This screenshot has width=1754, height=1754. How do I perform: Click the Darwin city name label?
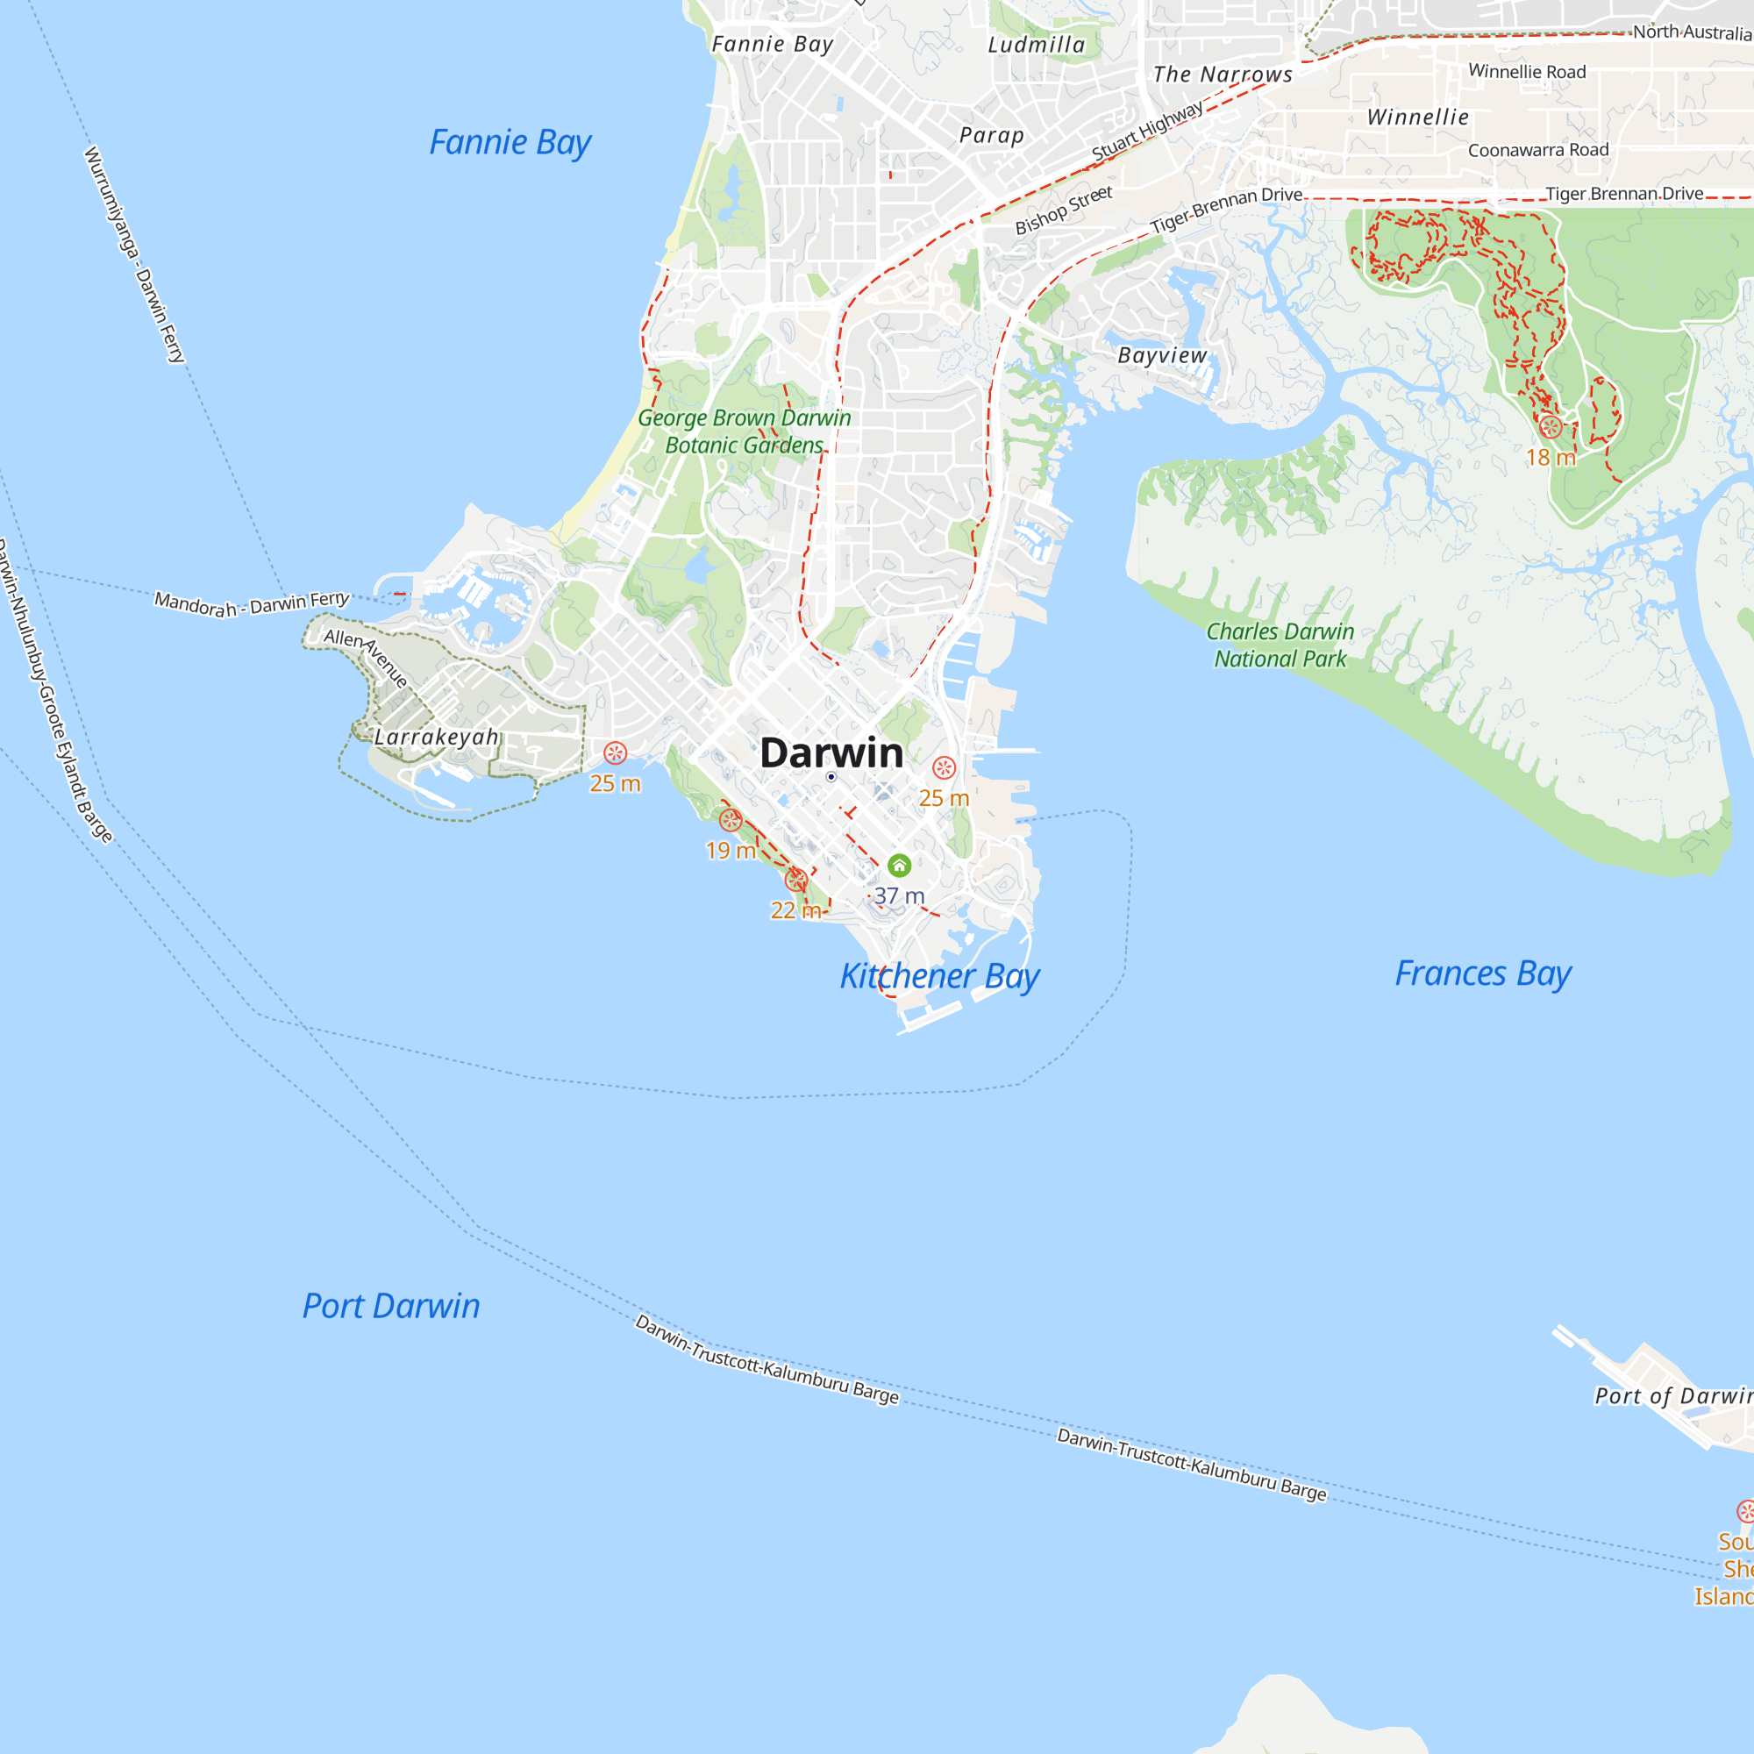click(x=831, y=752)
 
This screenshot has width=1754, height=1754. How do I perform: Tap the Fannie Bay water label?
click(x=510, y=143)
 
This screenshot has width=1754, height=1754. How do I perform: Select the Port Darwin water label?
click(x=390, y=1307)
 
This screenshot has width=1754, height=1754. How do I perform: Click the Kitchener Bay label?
click(x=938, y=976)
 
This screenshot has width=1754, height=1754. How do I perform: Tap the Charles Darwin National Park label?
click(x=1280, y=645)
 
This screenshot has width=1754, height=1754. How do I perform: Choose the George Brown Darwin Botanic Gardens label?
click(x=744, y=431)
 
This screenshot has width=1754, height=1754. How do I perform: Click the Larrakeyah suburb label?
click(x=437, y=737)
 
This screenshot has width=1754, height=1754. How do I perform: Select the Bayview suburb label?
click(x=1162, y=355)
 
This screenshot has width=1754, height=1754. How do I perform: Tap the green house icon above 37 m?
click(x=899, y=866)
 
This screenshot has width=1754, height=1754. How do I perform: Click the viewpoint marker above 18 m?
click(x=1550, y=427)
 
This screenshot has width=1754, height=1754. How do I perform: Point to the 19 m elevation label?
click(x=731, y=851)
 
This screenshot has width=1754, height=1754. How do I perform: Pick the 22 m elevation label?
click(x=795, y=910)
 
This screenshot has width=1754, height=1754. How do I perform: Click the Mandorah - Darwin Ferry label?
click(x=252, y=603)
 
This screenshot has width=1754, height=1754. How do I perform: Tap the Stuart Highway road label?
click(x=1146, y=131)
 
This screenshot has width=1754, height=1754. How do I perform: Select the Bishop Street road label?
click(x=1063, y=210)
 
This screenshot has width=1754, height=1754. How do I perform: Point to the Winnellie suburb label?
click(x=1417, y=118)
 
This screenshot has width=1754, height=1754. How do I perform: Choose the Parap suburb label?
click(x=991, y=135)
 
